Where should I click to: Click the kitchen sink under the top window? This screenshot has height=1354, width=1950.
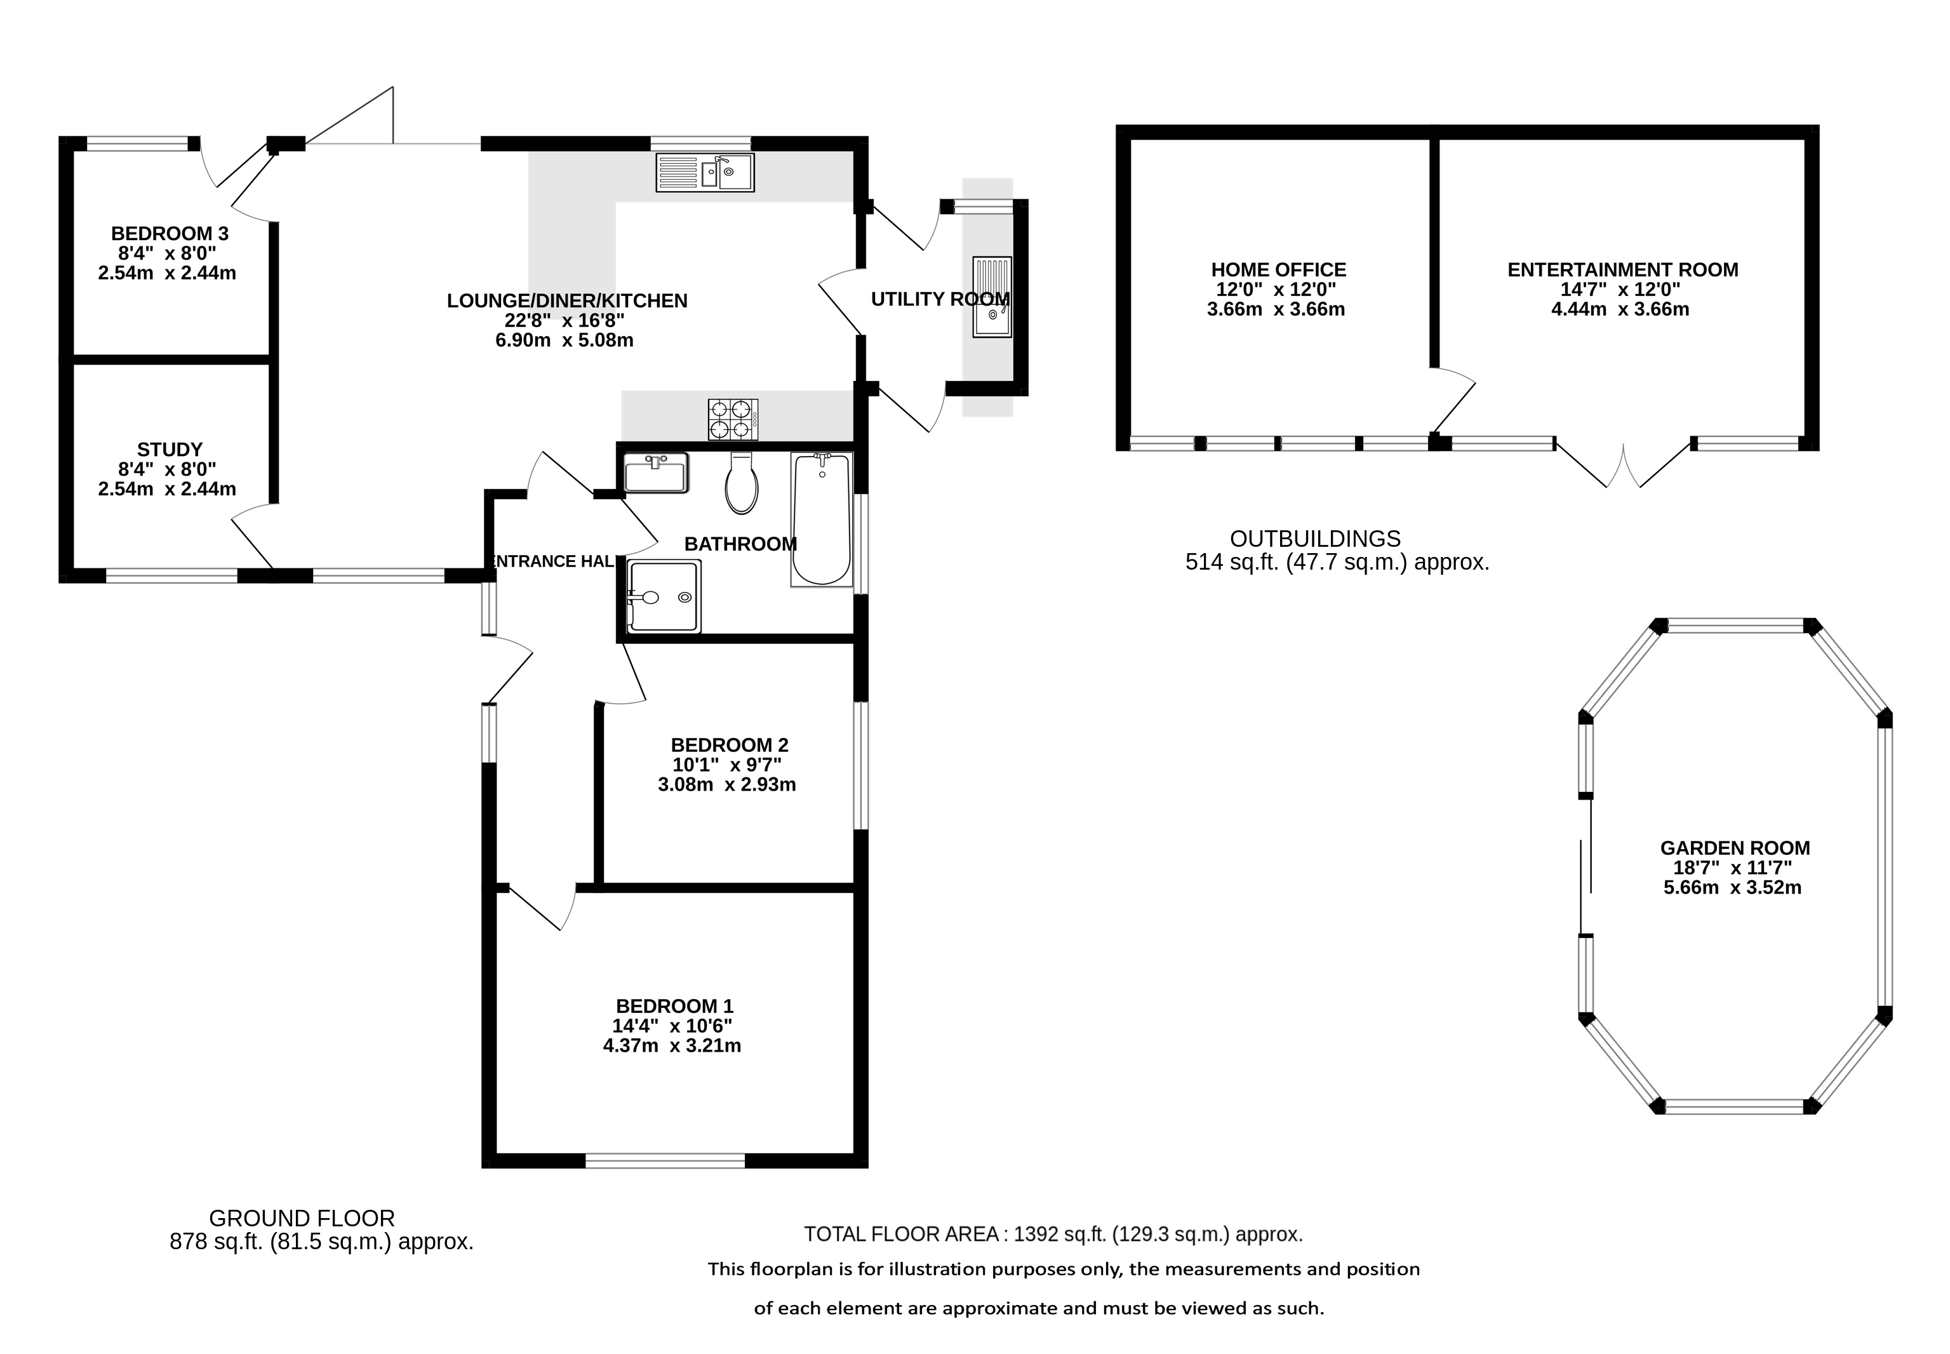(x=704, y=172)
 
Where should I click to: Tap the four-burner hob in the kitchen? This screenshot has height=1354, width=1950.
(x=733, y=419)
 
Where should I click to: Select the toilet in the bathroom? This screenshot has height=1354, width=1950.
(x=741, y=483)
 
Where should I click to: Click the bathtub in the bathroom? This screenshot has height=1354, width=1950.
(x=821, y=519)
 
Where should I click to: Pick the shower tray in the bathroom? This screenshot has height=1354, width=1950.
(x=664, y=596)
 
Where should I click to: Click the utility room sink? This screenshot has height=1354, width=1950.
(x=992, y=297)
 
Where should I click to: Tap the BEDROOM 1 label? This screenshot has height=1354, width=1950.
(x=674, y=1006)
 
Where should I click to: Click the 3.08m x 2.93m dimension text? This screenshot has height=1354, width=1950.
(x=727, y=785)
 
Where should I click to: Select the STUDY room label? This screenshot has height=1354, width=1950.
(x=170, y=450)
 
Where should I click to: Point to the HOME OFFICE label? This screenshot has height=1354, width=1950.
(x=1278, y=270)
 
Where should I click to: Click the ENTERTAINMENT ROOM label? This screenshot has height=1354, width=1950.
(x=1622, y=270)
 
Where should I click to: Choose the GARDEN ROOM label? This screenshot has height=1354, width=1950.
(x=1735, y=848)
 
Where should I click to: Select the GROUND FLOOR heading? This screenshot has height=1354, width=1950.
(x=302, y=1218)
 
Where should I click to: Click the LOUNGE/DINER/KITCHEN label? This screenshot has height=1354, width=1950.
(x=566, y=300)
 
